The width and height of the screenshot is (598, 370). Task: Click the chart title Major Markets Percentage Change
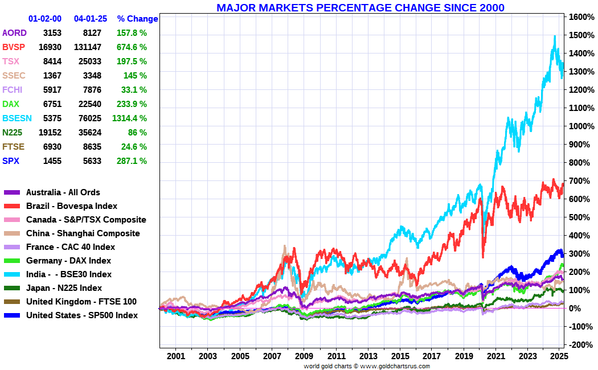pos(360,7)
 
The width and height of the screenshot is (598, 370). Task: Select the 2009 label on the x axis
pos(304,356)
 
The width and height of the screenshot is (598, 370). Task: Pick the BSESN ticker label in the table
pos(18,118)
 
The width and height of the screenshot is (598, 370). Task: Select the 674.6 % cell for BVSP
pos(130,47)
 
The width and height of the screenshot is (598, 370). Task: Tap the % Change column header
pos(137,19)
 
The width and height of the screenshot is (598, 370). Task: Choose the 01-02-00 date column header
pos(45,19)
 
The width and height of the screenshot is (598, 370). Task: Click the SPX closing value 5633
pos(92,161)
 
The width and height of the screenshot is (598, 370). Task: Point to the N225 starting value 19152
pos(50,132)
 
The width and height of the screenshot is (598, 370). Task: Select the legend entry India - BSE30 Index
pos(69,274)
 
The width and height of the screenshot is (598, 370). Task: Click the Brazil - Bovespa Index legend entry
pos(72,205)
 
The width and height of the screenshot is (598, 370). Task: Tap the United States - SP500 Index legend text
pos(82,315)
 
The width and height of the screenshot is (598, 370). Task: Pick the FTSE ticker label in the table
pos(14,146)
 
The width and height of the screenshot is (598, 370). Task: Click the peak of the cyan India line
pos(555,36)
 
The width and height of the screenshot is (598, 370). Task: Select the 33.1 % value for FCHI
pos(134,89)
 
